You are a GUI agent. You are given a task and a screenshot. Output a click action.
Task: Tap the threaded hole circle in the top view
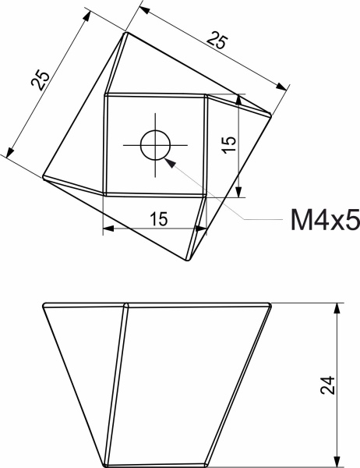155,144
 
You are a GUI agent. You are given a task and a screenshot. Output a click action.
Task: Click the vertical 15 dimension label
228,144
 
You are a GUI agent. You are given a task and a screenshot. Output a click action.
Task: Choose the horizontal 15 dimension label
158,219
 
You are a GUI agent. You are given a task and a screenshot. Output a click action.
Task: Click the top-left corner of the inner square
105,95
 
